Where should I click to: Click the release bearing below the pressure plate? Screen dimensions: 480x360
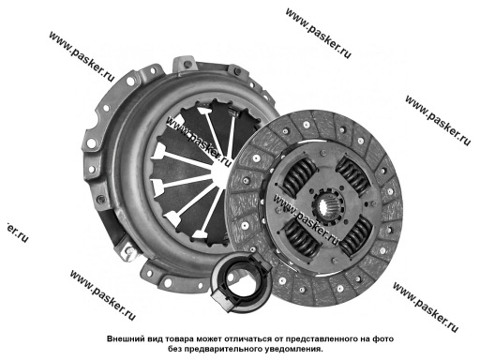(x=240, y=280)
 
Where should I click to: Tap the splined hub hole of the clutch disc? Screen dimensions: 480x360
(x=327, y=206)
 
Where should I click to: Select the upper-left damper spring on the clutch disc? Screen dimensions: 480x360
(x=300, y=176)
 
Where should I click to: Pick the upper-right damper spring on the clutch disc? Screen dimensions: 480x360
(x=352, y=174)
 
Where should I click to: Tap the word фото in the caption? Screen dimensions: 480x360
(x=383, y=338)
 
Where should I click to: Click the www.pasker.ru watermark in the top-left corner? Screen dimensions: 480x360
(x=82, y=56)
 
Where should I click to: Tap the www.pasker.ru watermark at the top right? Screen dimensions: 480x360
(x=319, y=33)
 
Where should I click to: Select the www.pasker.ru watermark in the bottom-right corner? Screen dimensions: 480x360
(x=426, y=307)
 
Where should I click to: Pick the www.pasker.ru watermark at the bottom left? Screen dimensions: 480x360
(x=103, y=295)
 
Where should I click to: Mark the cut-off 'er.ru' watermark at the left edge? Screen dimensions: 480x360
(x=17, y=232)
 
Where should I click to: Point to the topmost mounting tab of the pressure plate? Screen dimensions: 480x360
(x=185, y=64)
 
